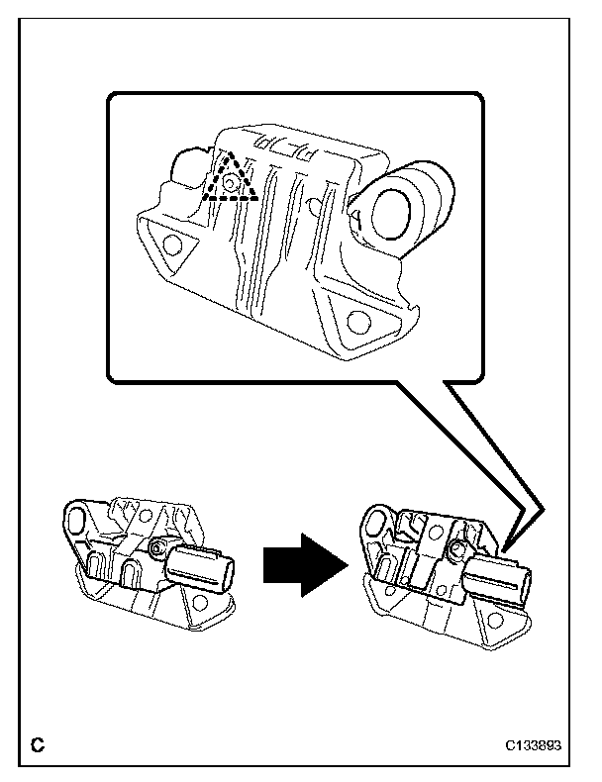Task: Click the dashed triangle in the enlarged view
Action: tap(230, 178)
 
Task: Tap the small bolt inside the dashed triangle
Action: tap(230, 182)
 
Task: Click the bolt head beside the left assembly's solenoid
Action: tap(156, 548)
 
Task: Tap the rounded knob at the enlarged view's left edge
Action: tap(185, 170)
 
